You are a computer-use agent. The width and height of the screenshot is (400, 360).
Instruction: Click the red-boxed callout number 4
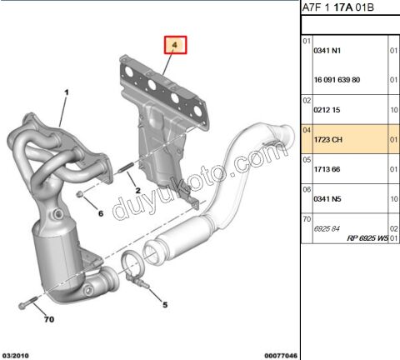(176, 45)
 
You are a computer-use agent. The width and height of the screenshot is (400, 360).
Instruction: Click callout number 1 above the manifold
(65, 92)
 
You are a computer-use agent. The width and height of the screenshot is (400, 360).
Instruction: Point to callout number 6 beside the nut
(101, 213)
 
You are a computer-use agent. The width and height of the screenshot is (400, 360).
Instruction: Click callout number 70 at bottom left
(47, 319)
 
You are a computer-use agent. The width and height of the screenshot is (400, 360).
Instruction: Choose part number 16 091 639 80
(336, 80)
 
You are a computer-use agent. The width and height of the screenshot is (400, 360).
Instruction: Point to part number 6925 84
(325, 227)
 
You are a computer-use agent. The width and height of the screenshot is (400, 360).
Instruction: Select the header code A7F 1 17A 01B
(337, 9)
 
